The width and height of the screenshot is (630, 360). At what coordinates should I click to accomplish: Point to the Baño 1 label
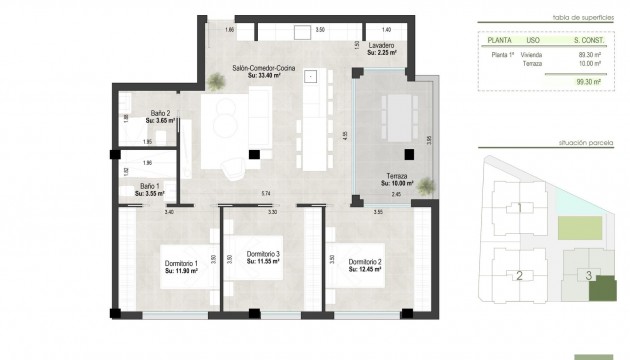150,188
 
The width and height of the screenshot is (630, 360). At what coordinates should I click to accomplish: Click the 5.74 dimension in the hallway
266,193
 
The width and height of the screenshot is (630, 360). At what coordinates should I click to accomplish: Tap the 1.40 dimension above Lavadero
385,31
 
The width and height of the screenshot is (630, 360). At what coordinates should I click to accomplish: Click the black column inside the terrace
409,154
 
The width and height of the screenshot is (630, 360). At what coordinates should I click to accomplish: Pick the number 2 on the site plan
518,275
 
